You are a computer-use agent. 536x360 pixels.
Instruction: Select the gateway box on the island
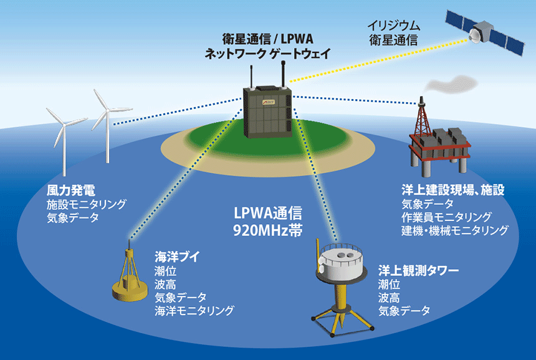[x=267, y=116]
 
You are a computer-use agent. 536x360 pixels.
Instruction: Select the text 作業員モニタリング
[x=447, y=217]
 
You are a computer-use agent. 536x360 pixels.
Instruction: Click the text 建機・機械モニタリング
[x=455, y=230]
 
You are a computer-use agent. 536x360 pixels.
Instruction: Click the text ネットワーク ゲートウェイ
[x=267, y=54]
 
